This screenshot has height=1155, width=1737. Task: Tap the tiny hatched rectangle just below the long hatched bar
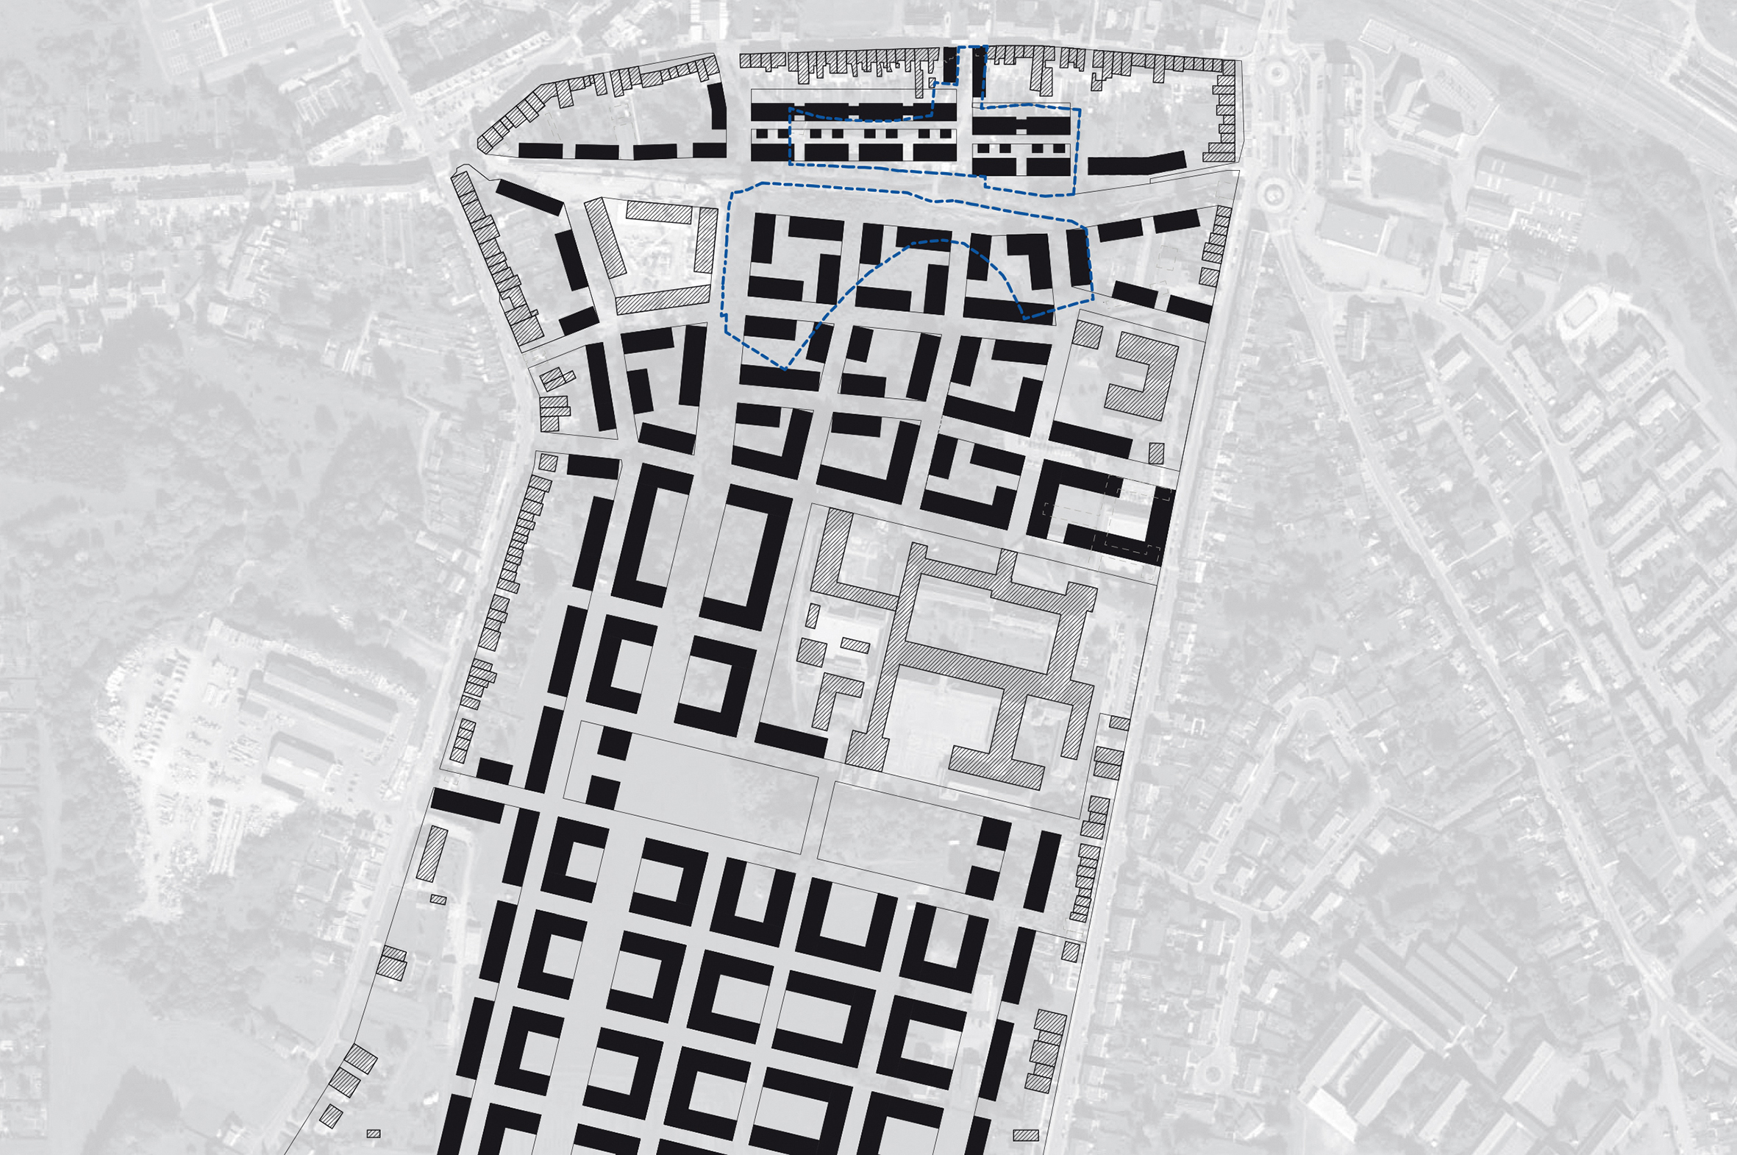pyautogui.click(x=438, y=900)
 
